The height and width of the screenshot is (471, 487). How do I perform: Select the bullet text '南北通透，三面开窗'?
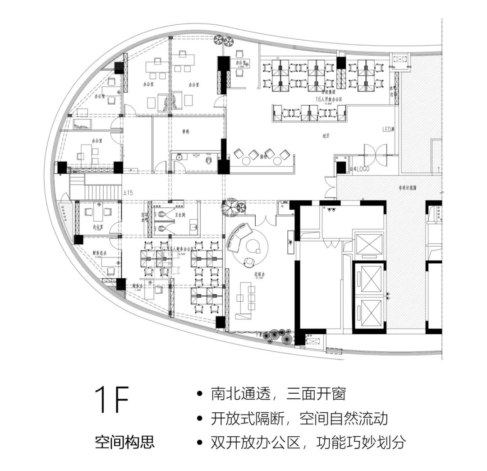pyautogui.click(x=278, y=394)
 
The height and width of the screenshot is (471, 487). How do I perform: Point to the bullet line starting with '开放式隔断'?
pyautogui.click(x=299, y=418)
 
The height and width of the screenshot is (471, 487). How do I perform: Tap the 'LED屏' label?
pyautogui.click(x=388, y=130)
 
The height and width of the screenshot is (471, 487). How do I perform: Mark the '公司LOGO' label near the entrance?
pyautogui.click(x=359, y=169)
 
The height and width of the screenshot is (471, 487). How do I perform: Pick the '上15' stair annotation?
pyautogui.click(x=128, y=193)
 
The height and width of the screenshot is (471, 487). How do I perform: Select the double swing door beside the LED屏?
pyautogui.click(x=375, y=154)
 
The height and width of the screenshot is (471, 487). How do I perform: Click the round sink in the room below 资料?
pyautogui.click(x=179, y=158)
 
